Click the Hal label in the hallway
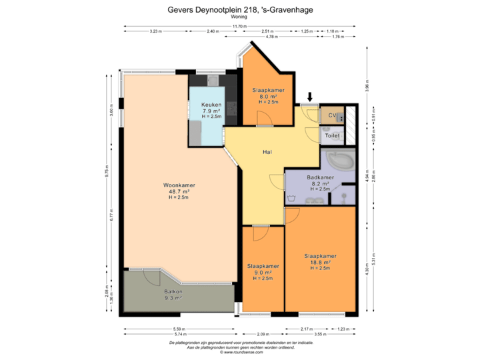[x=267, y=152]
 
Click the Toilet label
[x=332, y=136]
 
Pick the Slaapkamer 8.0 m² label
[x=268, y=95]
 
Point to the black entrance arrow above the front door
[x=308, y=98]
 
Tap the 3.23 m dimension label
[x=155, y=31]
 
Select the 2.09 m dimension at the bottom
[x=263, y=333]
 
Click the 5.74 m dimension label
[x=178, y=333]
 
